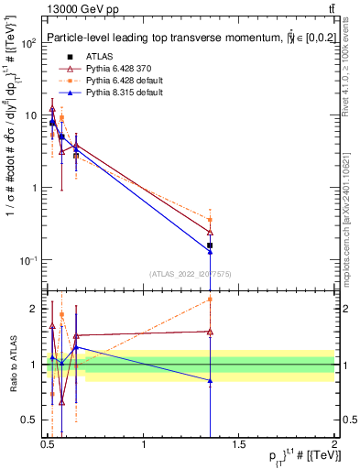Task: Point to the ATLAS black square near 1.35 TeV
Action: [x=210, y=245]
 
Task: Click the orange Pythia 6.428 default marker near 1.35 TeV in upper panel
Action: [x=210, y=220]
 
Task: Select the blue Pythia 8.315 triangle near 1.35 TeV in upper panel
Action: [x=210, y=251]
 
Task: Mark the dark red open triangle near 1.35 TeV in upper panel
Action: [x=210, y=233]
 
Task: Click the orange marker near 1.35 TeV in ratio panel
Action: [x=210, y=300]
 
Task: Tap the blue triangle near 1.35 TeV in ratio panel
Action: [x=210, y=380]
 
